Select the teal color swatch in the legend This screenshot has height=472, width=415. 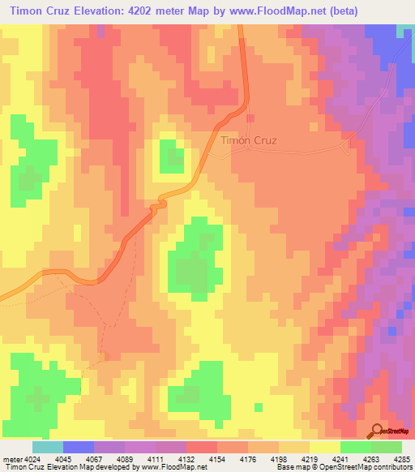tap(47, 447)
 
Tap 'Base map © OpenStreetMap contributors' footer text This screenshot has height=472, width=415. tap(344, 467)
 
